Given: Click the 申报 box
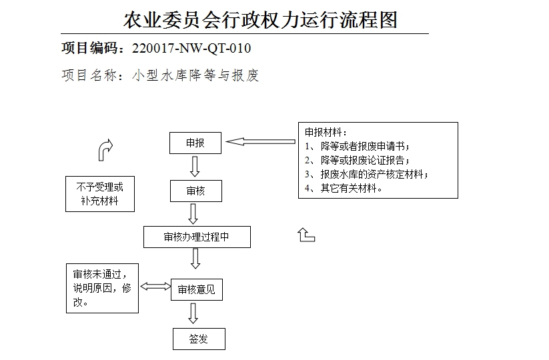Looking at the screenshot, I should click(195, 143).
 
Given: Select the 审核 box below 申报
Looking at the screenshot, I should click(195, 191).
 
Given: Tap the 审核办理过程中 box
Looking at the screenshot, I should click(197, 237).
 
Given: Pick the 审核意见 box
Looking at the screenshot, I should click(196, 289).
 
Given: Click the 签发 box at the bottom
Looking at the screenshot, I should click(199, 339).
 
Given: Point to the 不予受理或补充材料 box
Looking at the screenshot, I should click(100, 193).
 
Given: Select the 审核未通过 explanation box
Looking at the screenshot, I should click(102, 288).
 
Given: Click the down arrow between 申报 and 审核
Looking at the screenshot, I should click(195, 166).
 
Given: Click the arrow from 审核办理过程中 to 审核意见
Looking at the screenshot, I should click(196, 258).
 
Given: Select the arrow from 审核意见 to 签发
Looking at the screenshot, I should click(193, 313).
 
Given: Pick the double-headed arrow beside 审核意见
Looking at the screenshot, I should click(155, 286).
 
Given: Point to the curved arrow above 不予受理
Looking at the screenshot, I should click(105, 150).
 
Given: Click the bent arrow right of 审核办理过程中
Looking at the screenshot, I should click(306, 234).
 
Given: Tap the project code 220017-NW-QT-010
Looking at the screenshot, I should click(192, 48).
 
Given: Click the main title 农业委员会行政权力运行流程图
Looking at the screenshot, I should click(260, 19).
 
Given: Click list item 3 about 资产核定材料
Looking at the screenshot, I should click(373, 175).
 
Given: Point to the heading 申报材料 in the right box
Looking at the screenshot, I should click(326, 132).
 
